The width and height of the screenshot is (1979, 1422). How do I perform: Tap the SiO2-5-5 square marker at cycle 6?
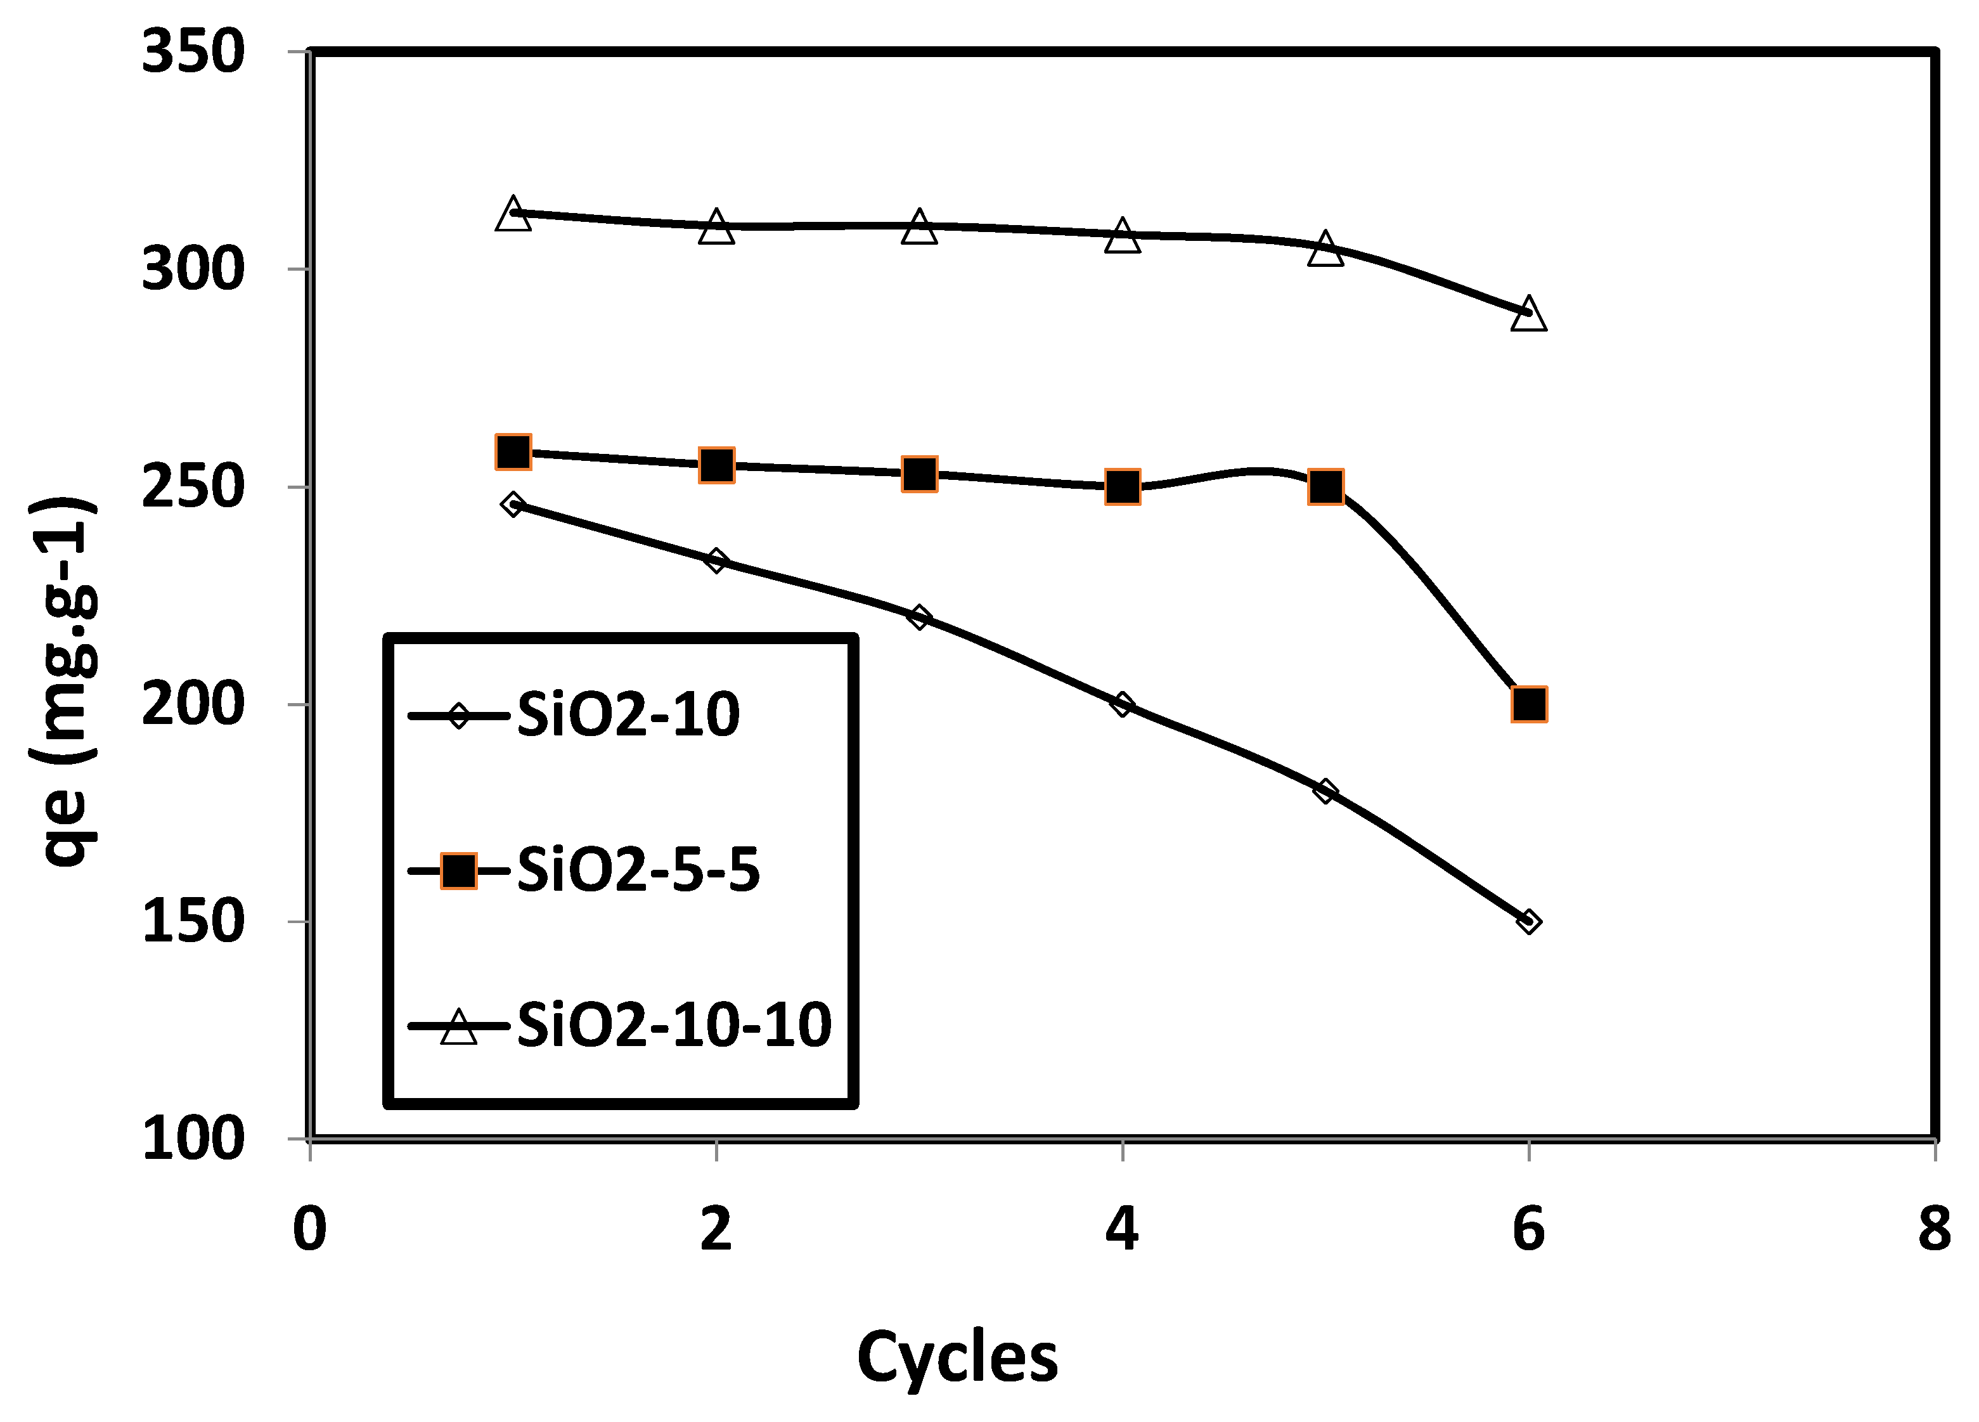(1529, 704)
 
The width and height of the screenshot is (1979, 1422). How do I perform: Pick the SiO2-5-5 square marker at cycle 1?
(513, 452)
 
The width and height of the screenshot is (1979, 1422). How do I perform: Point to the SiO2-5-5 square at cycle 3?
(919, 474)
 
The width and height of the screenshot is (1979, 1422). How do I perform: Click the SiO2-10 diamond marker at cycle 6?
(1528, 922)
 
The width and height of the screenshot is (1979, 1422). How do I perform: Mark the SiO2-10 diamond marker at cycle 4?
(1122, 704)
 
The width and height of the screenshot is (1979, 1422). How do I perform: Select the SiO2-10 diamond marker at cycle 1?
(513, 505)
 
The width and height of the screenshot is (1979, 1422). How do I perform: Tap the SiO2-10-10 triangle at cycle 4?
(1122, 236)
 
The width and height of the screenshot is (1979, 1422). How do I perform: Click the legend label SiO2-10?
(628, 715)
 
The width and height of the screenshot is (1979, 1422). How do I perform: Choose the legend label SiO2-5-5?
(639, 870)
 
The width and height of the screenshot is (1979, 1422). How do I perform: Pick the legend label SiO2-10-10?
(674, 1025)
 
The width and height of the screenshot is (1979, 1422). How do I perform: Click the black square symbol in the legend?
(458, 871)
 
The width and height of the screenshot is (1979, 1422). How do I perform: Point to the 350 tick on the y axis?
(192, 53)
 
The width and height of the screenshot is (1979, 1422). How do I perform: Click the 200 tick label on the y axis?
(192, 704)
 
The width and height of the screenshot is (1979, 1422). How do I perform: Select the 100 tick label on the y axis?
(192, 1139)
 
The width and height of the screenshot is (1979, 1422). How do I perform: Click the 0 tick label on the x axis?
(310, 1229)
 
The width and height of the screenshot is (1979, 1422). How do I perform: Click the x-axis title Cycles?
(957, 1358)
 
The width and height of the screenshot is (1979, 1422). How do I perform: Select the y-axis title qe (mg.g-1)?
(65, 681)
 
